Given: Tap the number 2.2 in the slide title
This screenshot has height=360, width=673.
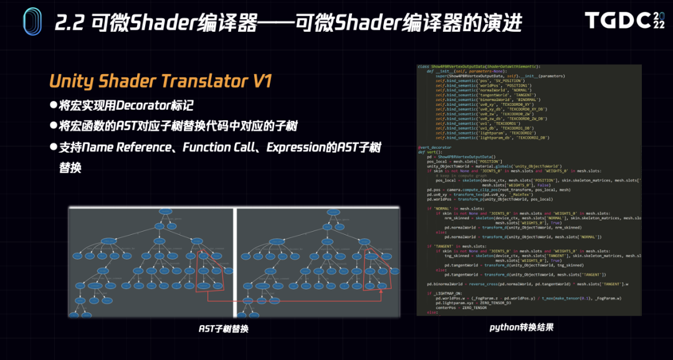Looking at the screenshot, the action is [x=69, y=23].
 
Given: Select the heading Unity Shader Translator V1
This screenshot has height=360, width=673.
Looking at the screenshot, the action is [x=160, y=82].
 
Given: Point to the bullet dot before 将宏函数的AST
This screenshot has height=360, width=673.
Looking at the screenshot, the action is [x=54, y=126].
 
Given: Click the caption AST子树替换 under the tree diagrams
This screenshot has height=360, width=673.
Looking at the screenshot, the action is [x=223, y=328].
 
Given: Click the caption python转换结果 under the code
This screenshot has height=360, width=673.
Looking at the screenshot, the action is [x=522, y=326].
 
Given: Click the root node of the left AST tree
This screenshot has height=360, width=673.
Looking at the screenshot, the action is [x=165, y=212].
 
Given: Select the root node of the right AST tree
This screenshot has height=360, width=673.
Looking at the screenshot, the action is [x=332, y=212].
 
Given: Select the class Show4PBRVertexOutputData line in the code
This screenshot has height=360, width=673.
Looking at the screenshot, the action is [x=479, y=66].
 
